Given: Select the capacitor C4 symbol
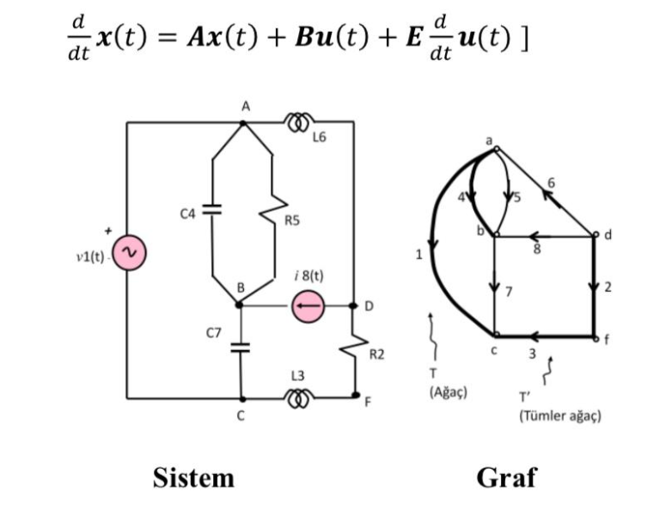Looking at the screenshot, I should pos(211,209).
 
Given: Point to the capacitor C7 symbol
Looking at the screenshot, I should pos(241,348).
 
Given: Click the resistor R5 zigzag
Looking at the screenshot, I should pos(274,208).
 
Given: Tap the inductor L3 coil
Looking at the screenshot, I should pos(300,398).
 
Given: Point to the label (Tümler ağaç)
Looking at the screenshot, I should pos(559,416).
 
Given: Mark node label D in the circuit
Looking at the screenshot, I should pos(369,306).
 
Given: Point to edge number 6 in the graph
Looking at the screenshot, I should pos(551,182).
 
